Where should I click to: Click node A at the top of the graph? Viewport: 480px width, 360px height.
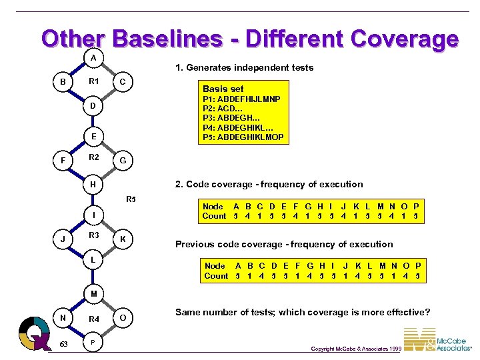(x=93, y=58)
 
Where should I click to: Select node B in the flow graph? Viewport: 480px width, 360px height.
(x=63, y=82)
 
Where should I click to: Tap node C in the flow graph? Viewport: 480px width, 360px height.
(x=123, y=82)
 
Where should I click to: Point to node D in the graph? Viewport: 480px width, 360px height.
(x=93, y=106)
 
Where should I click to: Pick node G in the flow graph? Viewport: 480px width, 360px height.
(x=123, y=161)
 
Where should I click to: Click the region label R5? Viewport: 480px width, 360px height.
(x=131, y=199)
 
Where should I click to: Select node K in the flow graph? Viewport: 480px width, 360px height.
(x=123, y=239)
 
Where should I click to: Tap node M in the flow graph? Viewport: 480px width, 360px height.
(x=93, y=293)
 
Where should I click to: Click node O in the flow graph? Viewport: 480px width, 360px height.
(x=123, y=317)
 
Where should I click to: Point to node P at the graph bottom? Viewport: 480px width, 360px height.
(x=93, y=343)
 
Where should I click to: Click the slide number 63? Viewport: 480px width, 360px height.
(x=63, y=344)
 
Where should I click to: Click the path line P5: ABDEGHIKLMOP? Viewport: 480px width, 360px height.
(x=243, y=137)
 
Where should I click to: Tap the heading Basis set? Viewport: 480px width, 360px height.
(x=223, y=89)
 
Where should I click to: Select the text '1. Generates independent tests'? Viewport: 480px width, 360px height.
(x=244, y=67)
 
